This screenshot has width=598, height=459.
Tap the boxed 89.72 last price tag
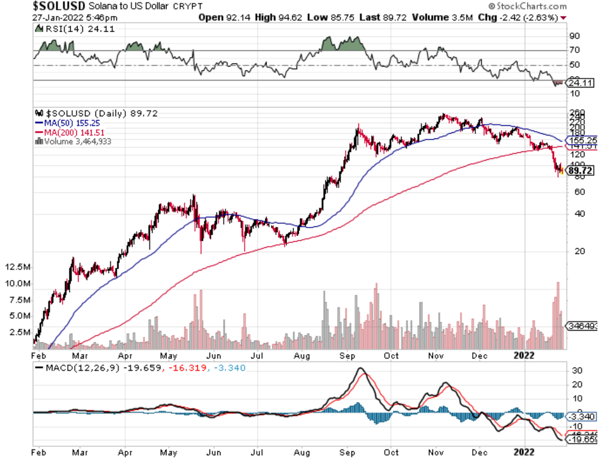click(581, 171)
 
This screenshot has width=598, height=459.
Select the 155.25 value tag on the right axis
click(582, 139)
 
